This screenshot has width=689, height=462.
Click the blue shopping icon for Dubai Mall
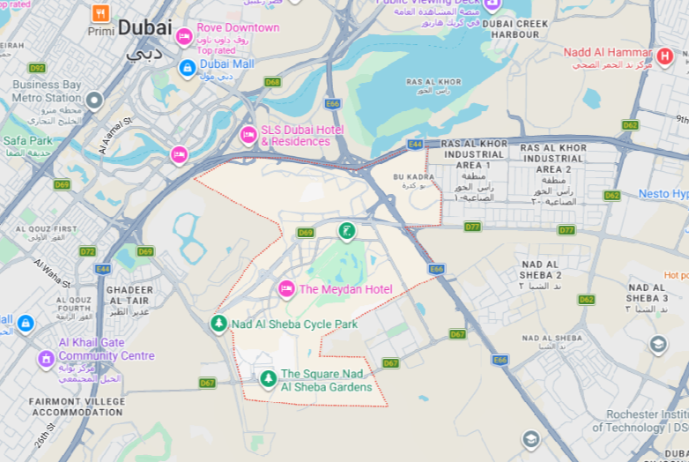point(187,67)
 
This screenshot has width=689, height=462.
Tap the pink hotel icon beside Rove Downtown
point(184,36)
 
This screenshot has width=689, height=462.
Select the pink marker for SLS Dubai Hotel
point(248,135)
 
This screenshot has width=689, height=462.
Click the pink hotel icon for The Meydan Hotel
point(286,289)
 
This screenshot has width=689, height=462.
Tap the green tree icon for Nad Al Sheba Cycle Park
point(219,324)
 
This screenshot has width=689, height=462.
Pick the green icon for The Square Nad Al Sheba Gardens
point(268,379)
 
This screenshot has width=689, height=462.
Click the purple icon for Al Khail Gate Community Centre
point(46,359)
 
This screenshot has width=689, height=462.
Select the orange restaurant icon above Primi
point(100,13)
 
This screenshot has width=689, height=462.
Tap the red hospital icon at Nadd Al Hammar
point(665,56)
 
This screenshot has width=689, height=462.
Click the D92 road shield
point(37,68)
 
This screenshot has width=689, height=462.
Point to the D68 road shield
point(273,82)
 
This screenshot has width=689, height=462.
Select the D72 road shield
point(87,251)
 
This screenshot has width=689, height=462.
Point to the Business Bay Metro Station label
point(46,91)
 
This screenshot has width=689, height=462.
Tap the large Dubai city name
point(144,28)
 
